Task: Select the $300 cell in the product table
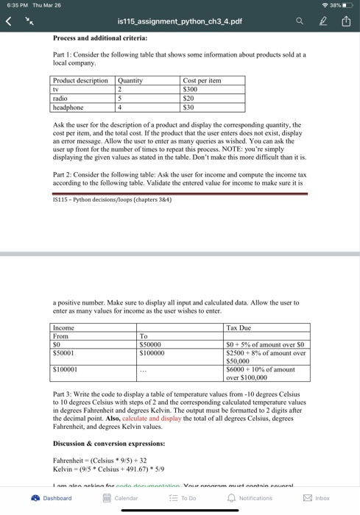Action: (x=191, y=89)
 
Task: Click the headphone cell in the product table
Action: (x=67, y=107)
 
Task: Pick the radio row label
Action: (x=60, y=98)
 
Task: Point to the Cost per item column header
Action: (x=202, y=80)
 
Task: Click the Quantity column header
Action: (x=132, y=80)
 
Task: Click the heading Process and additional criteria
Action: (x=100, y=38)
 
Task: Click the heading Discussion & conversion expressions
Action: (x=109, y=444)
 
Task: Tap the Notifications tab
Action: (x=249, y=498)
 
